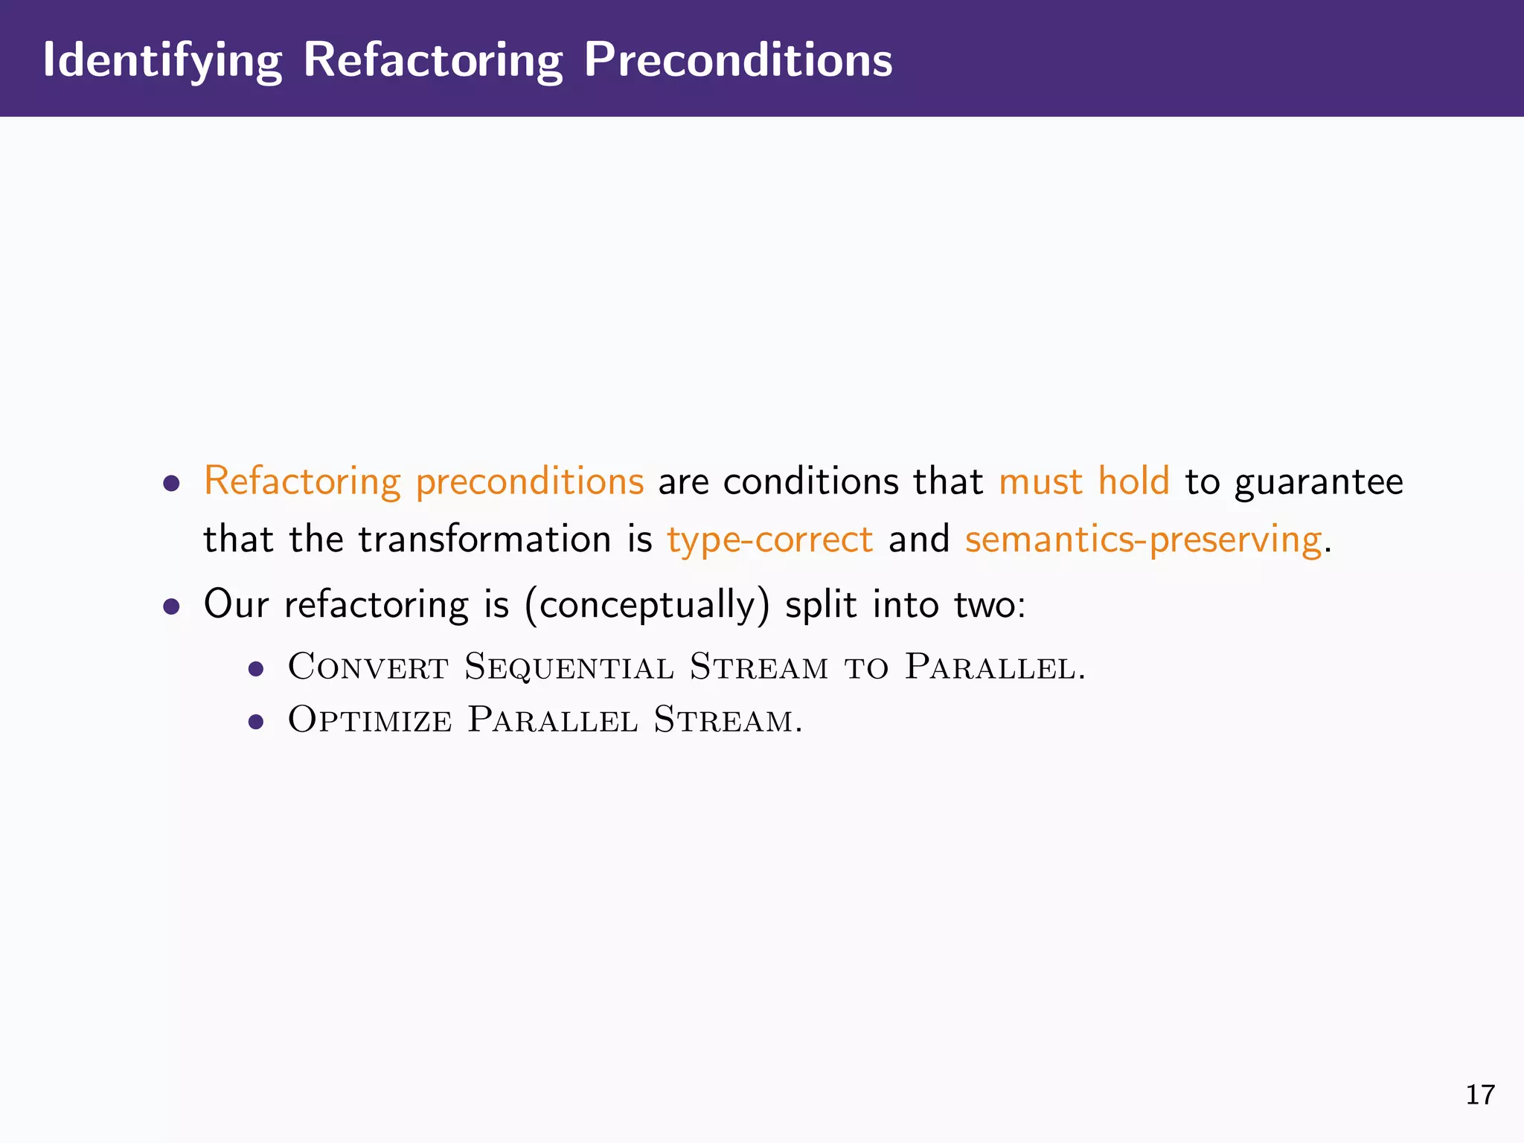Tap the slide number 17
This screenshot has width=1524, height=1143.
1479,1095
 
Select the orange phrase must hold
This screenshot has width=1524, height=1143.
1083,481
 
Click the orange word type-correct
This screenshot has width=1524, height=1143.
769,540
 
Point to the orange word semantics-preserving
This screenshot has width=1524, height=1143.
1144,540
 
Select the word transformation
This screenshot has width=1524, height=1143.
484,540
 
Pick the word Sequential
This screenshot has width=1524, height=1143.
569,666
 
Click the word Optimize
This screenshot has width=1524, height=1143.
369,720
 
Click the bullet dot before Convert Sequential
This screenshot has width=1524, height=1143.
256,669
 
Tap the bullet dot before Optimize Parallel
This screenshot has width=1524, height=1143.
256,722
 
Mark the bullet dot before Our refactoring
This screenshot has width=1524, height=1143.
172,606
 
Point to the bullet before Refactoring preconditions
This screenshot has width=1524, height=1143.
172,484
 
